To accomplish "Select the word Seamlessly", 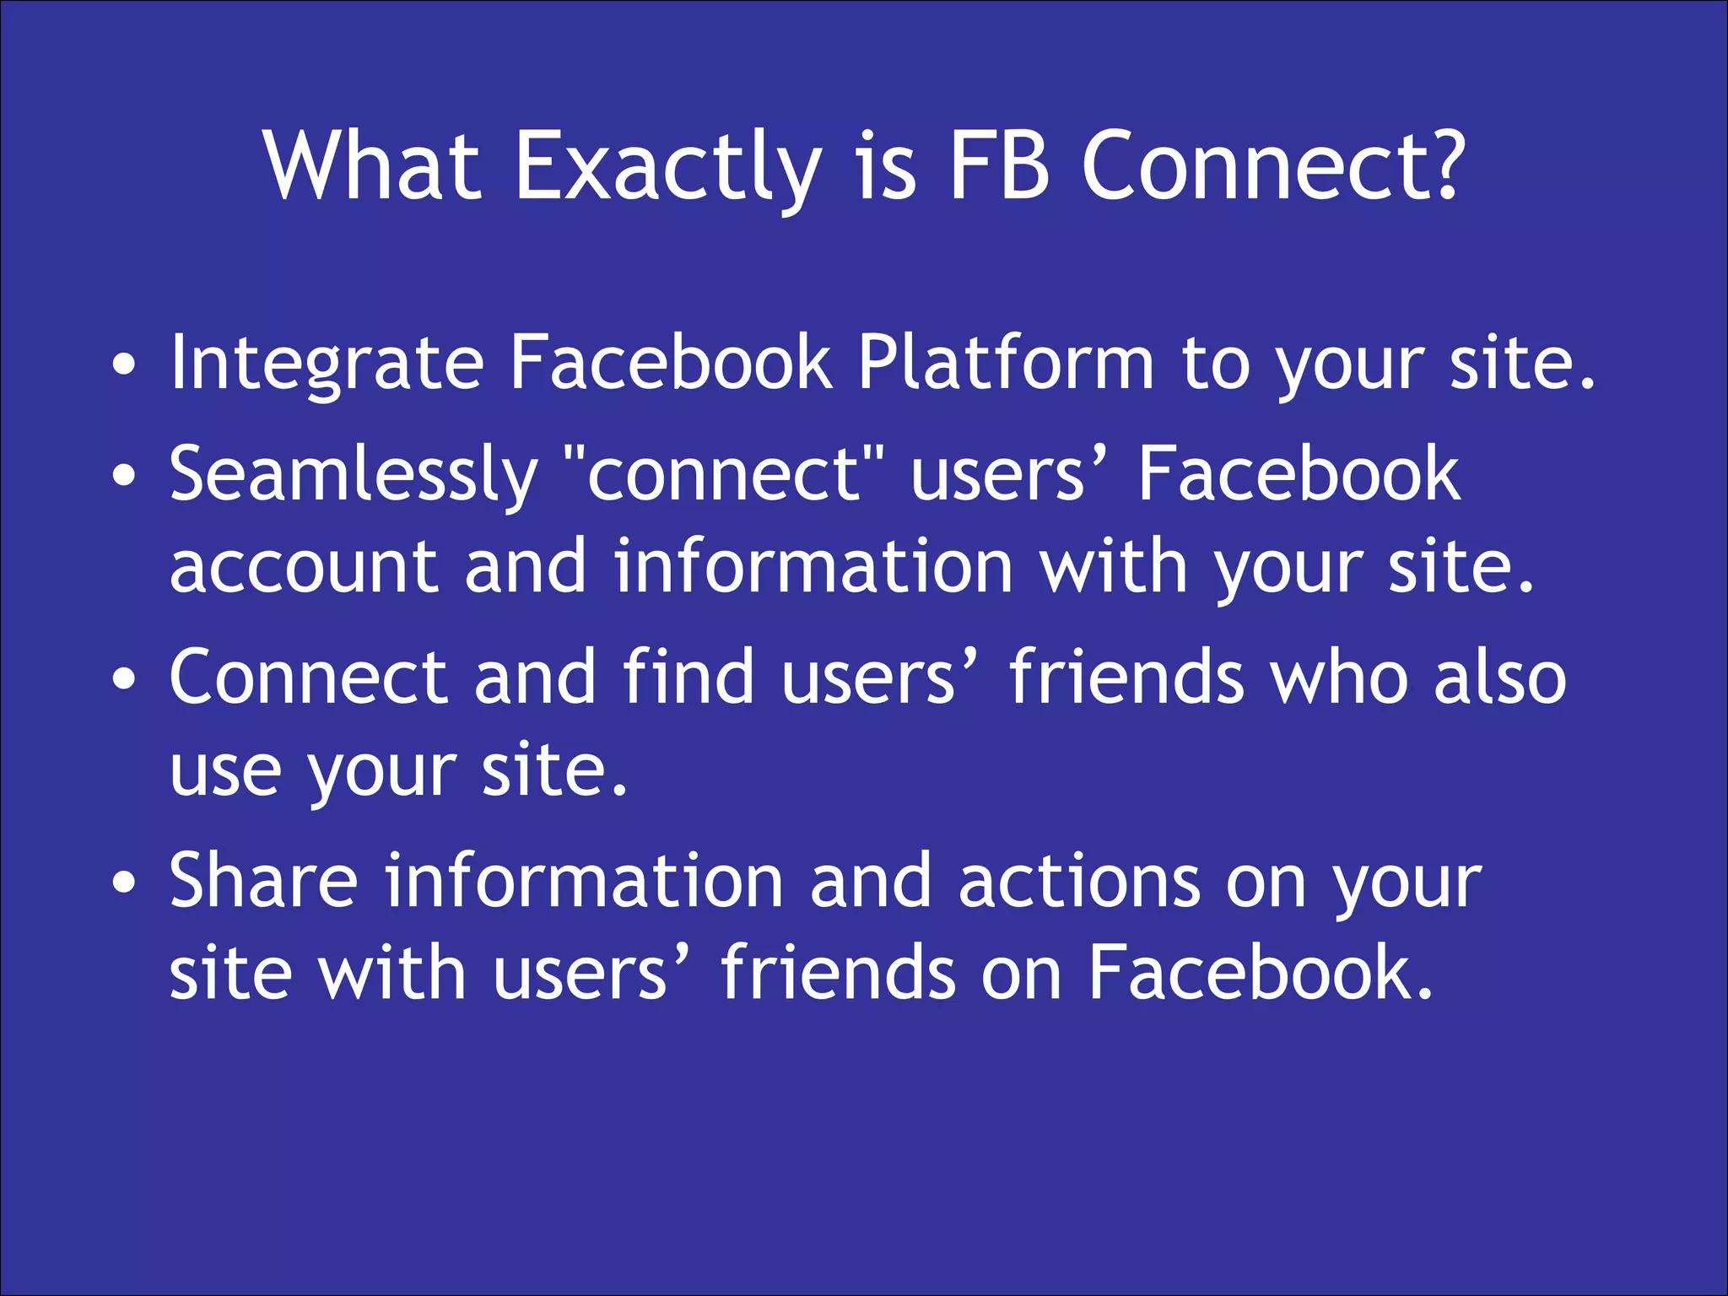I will pos(354,476).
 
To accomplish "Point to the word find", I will pos(688,677).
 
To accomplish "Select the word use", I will pos(224,771).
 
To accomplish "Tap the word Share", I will pos(263,881).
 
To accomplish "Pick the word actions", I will pos(1078,883).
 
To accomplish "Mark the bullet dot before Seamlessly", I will pos(124,476).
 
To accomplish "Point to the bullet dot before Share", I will pos(124,883).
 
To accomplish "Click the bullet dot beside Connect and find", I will pos(124,678).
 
